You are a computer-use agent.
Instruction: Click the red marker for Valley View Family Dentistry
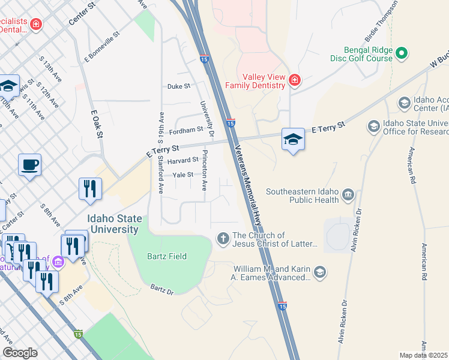click(294, 80)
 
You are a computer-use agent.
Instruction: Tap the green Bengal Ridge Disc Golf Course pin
click(402, 53)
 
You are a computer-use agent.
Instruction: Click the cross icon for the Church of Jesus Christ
click(223, 239)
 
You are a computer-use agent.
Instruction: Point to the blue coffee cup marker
click(29, 164)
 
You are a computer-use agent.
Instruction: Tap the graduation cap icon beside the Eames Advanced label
click(320, 273)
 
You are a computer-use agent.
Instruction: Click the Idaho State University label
click(113, 223)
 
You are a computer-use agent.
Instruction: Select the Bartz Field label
click(167, 256)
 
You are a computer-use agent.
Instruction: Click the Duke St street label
click(178, 86)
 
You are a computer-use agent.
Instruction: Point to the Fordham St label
click(186, 130)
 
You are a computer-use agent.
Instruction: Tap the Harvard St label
click(182, 160)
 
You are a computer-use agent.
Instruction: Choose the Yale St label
click(182, 175)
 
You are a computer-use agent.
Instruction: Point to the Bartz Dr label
click(162, 290)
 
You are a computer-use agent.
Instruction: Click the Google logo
click(20, 353)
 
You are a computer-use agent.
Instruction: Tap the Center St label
click(82, 13)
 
